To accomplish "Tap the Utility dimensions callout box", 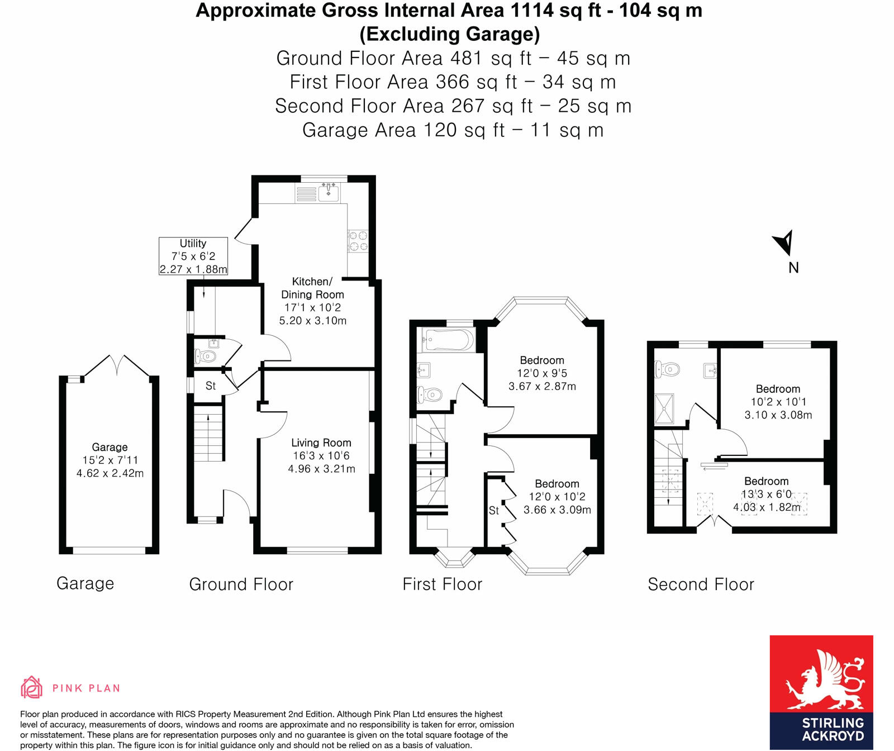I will coord(193,256).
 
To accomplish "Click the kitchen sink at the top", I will coord(329,193).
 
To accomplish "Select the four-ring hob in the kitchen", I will coord(358,241).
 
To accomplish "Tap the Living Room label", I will coord(321,443).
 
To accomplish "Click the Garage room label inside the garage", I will coord(110,447).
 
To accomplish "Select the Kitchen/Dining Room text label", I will coord(312,288).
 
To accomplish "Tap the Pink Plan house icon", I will coord(31,687).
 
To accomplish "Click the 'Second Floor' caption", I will coord(701,584).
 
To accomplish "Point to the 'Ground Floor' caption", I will coord(241,584).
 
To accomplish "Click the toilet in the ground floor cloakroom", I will coord(205,356).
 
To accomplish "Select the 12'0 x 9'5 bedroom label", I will coord(542,373).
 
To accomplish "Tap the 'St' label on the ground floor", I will coord(211,386).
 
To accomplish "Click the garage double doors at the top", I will coord(117,365).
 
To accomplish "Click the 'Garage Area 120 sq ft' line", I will coord(453,130).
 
